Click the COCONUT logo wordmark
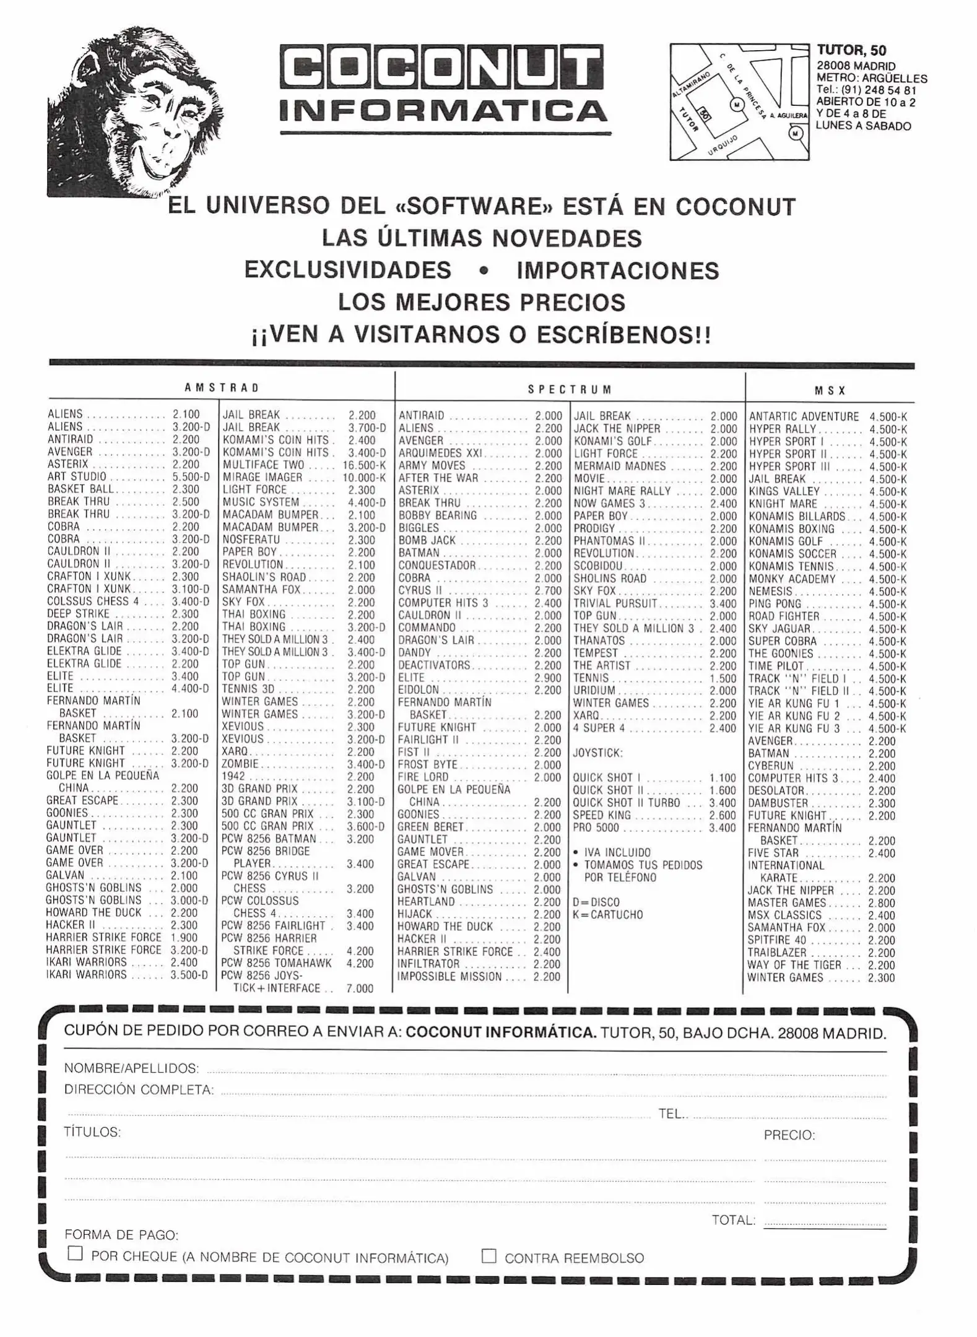click(x=441, y=66)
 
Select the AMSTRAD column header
click(x=222, y=388)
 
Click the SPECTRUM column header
click(x=570, y=389)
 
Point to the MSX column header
click(x=830, y=391)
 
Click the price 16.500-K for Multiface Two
click(x=363, y=465)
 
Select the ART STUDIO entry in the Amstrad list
click(x=77, y=477)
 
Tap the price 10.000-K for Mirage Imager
click(x=363, y=477)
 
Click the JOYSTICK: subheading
click(x=597, y=753)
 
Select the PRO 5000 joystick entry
click(x=596, y=828)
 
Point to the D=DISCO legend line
click(x=596, y=902)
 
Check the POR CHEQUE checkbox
click(x=75, y=1253)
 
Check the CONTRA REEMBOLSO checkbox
click(x=489, y=1255)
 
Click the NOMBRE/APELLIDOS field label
click(x=131, y=1068)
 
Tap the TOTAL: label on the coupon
click(x=734, y=1220)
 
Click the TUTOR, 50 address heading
click(x=851, y=51)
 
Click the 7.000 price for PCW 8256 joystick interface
click(x=360, y=989)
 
